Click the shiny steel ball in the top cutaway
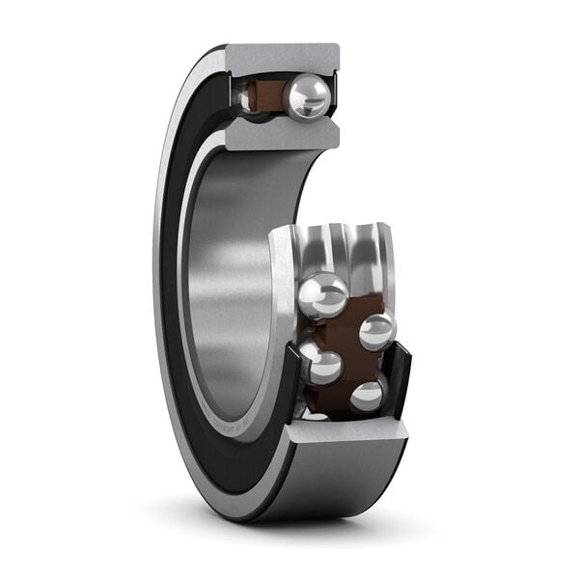308,96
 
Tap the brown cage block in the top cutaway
264,96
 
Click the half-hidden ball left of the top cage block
242,97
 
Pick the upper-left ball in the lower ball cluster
323,294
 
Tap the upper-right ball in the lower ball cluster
377,331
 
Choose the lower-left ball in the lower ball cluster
321,366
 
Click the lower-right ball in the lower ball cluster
368,396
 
